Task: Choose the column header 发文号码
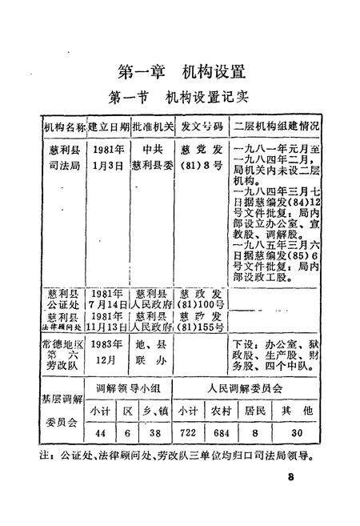pyautogui.click(x=200, y=126)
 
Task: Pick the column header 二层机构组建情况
pyautogui.click(x=276, y=126)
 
